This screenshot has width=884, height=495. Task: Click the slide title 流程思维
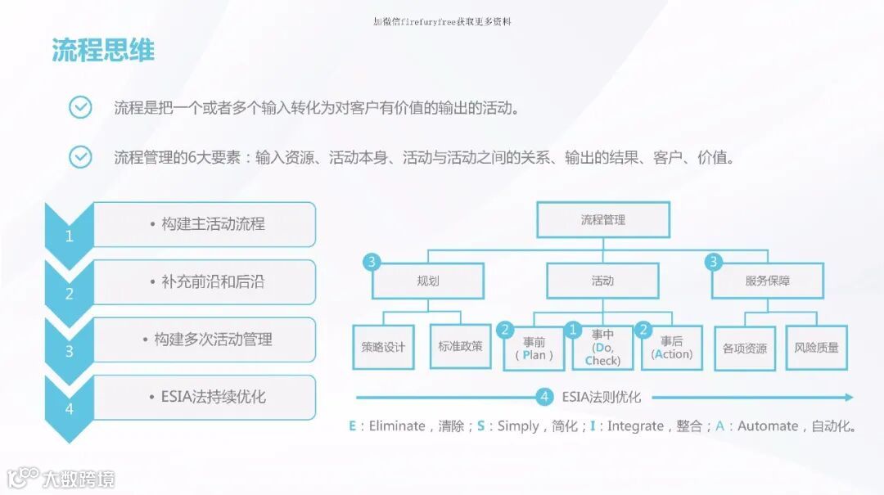pyautogui.click(x=103, y=51)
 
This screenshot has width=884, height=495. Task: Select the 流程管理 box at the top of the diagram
pyautogui.click(x=603, y=220)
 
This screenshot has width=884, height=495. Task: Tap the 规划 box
pyautogui.click(x=428, y=281)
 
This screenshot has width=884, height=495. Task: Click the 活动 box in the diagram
pyautogui.click(x=602, y=281)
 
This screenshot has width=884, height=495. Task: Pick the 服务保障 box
pyautogui.click(x=768, y=281)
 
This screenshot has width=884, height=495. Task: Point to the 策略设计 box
pyautogui.click(x=383, y=347)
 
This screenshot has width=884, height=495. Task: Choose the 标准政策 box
pyautogui.click(x=460, y=347)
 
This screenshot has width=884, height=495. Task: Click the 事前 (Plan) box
pyautogui.click(x=534, y=349)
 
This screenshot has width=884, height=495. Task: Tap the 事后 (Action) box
pyautogui.click(x=673, y=349)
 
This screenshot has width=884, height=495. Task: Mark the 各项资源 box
pyautogui.click(x=745, y=348)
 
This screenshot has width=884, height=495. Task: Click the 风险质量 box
pyautogui.click(x=816, y=348)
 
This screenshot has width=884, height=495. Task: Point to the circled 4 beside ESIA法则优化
pyautogui.click(x=545, y=398)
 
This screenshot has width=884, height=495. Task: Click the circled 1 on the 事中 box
pyautogui.click(x=575, y=331)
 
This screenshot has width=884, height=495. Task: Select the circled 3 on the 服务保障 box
pyautogui.click(x=714, y=263)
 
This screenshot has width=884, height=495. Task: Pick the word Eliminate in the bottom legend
pyautogui.click(x=397, y=426)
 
